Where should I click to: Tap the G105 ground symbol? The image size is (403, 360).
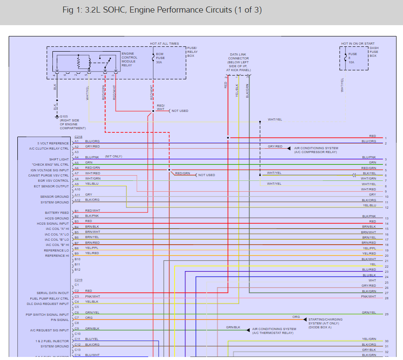(x=57, y=117)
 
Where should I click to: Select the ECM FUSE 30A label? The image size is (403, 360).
(x=160, y=58)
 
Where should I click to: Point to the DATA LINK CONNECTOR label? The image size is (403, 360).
(x=238, y=62)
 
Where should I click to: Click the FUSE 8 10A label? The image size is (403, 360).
(x=352, y=58)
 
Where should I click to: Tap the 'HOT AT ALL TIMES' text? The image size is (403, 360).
(x=164, y=44)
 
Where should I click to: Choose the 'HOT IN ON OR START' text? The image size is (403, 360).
(x=358, y=44)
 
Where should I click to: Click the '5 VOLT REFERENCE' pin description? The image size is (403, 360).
(x=53, y=144)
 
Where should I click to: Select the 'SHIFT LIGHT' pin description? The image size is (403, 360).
(x=59, y=160)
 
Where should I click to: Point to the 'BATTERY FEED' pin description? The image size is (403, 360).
(x=57, y=213)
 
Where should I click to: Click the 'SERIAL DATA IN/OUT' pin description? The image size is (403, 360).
(x=52, y=293)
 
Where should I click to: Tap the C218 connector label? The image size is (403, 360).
(x=78, y=137)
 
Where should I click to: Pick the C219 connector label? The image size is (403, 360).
(x=78, y=280)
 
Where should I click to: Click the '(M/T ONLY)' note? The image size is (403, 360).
(x=114, y=156)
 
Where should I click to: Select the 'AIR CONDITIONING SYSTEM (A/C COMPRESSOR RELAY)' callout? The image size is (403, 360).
(x=316, y=150)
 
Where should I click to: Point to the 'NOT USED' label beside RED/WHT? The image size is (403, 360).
(x=180, y=111)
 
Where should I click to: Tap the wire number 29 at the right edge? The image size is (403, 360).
(x=386, y=314)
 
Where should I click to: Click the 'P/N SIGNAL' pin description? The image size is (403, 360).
(x=60, y=320)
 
